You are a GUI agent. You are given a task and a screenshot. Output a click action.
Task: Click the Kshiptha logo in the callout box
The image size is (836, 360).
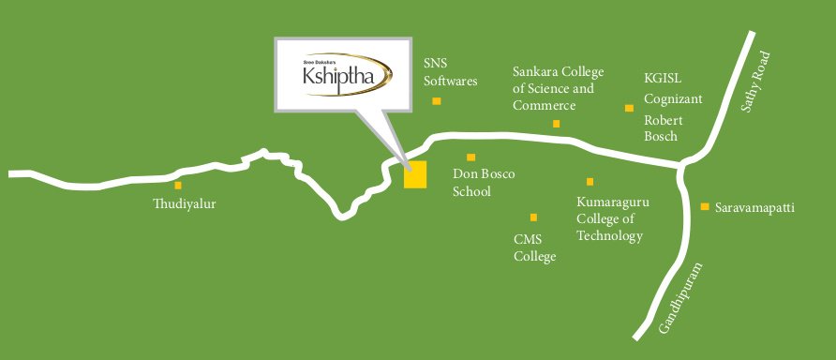click(x=342, y=75)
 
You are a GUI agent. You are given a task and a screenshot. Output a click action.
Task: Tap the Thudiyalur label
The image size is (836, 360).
click(x=185, y=202)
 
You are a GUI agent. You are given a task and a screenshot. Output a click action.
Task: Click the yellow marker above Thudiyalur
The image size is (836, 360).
click(x=178, y=186)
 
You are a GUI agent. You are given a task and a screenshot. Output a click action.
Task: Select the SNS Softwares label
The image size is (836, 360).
click(x=450, y=72)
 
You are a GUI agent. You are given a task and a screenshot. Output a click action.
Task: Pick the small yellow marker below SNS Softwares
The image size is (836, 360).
click(x=437, y=100)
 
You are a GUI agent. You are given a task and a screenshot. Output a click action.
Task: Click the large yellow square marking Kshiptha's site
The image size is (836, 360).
click(x=415, y=174)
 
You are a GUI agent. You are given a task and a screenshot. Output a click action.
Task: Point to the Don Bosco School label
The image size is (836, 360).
click(x=484, y=183)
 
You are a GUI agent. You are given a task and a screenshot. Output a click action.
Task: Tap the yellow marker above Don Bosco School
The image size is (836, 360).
click(x=471, y=157)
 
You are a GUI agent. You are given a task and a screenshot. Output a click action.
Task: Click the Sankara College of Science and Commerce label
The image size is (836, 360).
click(x=558, y=89)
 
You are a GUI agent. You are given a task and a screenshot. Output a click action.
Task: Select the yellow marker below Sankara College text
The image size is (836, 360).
click(x=556, y=123)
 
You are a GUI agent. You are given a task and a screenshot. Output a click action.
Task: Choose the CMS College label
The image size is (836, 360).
click(x=535, y=247)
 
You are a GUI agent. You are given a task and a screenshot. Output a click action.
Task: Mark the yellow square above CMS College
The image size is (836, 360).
click(x=534, y=217)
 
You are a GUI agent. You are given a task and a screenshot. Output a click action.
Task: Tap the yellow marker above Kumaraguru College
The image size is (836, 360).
click(x=590, y=182)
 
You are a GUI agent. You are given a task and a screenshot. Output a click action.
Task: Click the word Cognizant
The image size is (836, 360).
click(x=673, y=98)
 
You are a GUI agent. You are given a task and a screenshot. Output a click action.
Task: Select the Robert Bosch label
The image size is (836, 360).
click(x=663, y=128)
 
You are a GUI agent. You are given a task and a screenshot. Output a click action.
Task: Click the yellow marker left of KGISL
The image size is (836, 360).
click(x=629, y=109)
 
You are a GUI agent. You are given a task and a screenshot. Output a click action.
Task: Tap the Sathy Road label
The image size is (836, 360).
click(x=754, y=82)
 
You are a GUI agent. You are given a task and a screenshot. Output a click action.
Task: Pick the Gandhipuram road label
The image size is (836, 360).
click(x=680, y=298)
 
